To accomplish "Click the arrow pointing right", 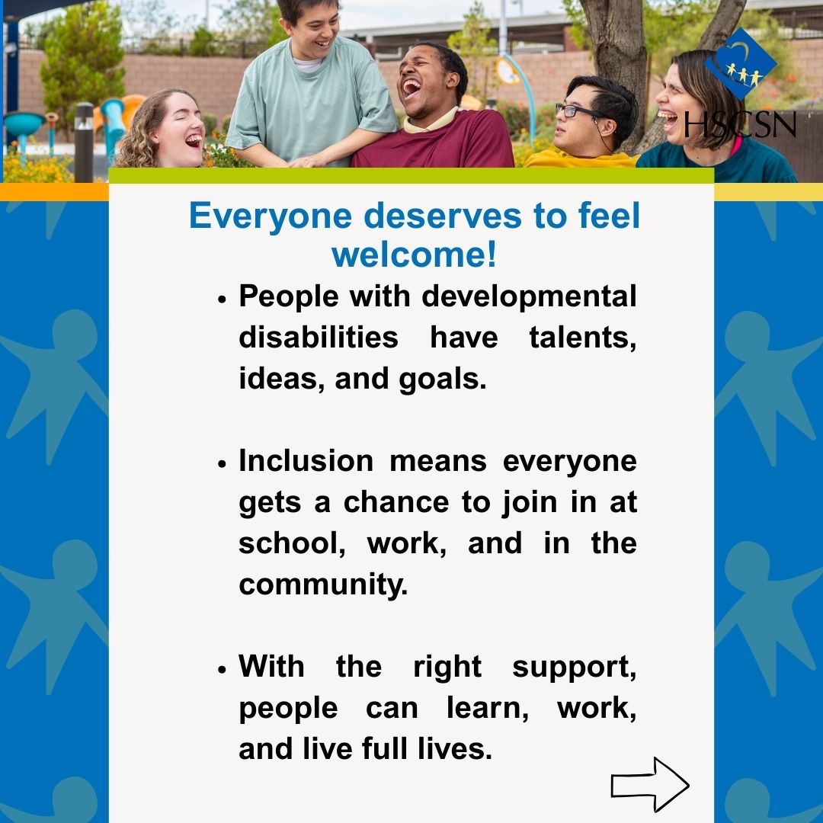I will [x=650, y=784].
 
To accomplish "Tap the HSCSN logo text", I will [x=740, y=123].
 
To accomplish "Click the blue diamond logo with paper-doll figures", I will [x=740, y=64].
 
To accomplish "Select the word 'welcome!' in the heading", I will [x=414, y=255].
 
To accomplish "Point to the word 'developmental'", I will [x=529, y=296].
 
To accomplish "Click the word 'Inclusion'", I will [x=306, y=461].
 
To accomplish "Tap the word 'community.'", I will [x=323, y=584].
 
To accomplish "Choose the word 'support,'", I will [x=574, y=667].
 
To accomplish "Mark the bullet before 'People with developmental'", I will [x=223, y=299].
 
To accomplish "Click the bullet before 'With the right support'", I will [x=223, y=669].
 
